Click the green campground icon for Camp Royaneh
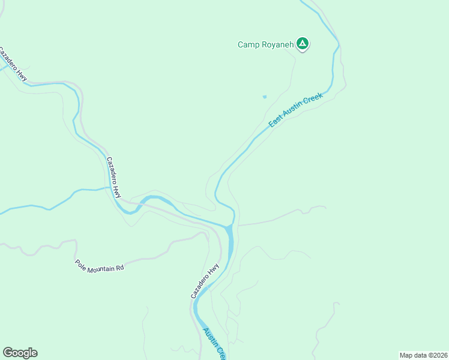coord(303,43)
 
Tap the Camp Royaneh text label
coord(265,44)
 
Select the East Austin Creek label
coord(295,110)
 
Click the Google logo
coord(20,353)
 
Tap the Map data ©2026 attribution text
coord(423,355)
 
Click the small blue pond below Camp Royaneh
coord(264,97)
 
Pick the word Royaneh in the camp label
coord(276,44)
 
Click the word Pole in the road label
coord(80,262)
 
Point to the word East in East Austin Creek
coord(276,121)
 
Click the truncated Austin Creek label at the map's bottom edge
coord(214,343)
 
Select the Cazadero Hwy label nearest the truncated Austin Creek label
coord(205,281)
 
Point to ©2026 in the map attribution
coord(435,355)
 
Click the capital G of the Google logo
coord(8,353)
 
